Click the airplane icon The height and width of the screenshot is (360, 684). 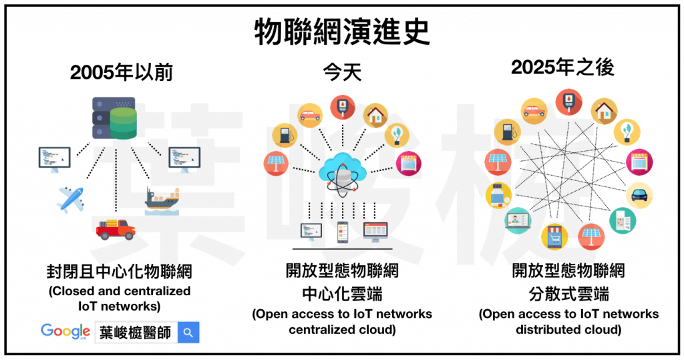coord(71,198)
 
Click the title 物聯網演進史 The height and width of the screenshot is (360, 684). coord(342,31)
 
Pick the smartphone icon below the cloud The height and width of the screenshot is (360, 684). coord(343,232)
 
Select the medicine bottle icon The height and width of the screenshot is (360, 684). coord(499,194)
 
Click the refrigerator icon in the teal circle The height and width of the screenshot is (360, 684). coord(623,220)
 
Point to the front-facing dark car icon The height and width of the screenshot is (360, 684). coord(639,195)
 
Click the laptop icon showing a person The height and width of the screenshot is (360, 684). coord(518,221)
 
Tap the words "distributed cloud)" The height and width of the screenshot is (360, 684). coord(568,329)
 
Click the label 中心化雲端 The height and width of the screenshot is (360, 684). coord(342,293)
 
